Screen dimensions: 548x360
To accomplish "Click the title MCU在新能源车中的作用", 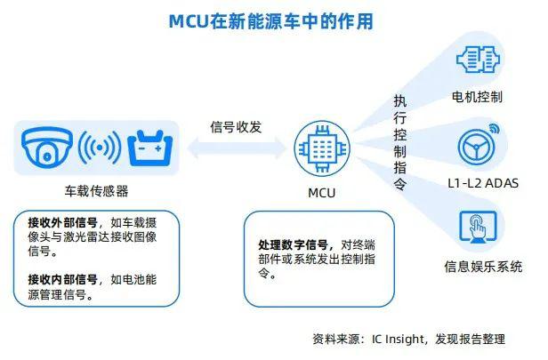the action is [x=271, y=21].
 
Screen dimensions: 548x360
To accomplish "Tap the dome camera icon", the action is [x=47, y=148].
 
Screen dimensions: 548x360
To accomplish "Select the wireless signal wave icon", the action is [x=100, y=148].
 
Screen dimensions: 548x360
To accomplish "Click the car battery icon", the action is [x=150, y=148].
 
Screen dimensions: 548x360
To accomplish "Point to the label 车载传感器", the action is [x=96, y=191].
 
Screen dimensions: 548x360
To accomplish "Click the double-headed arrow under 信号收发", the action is [x=237, y=148].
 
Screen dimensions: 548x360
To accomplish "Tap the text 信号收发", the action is [x=236, y=127].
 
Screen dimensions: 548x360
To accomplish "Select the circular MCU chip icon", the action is [x=322, y=148].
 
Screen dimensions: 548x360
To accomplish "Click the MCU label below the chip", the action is [x=321, y=193].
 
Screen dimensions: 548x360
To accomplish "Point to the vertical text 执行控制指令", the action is [x=400, y=142].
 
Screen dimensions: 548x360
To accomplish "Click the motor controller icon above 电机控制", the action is [x=478, y=60].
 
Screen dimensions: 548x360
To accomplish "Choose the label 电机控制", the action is [x=477, y=97].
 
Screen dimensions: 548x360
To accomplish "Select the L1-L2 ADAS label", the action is [x=483, y=183].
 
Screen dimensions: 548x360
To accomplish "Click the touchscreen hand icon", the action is [x=478, y=227].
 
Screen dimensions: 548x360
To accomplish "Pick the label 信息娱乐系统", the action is [x=483, y=267].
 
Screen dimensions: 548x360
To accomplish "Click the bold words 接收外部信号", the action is [x=62, y=222].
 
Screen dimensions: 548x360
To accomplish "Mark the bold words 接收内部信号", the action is [x=62, y=279].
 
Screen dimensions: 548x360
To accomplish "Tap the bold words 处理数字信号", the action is [x=293, y=244].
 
